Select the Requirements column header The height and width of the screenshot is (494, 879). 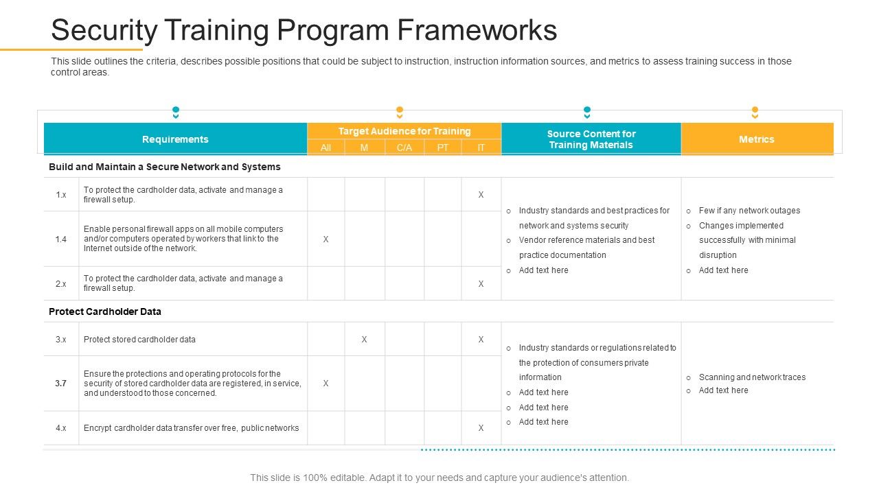click(175, 139)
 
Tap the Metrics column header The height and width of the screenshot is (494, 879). click(756, 139)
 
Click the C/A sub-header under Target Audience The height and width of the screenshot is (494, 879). click(404, 148)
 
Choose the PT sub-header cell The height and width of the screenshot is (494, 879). click(443, 148)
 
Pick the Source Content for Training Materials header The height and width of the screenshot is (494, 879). click(591, 139)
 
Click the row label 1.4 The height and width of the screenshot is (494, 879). click(61, 239)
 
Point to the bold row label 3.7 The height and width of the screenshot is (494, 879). click(61, 384)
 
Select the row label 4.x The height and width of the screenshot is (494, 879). click(61, 428)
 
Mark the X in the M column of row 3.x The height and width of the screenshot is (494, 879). click(364, 340)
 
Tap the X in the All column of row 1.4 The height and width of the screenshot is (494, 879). click(326, 239)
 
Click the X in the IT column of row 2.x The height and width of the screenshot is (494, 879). click(481, 284)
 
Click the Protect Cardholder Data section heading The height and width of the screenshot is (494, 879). click(105, 311)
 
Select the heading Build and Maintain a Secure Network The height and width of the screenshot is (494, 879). click(165, 167)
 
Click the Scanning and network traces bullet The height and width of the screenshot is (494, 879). click(752, 377)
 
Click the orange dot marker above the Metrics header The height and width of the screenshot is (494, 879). click(755, 110)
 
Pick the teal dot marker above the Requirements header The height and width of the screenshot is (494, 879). click(176, 110)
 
